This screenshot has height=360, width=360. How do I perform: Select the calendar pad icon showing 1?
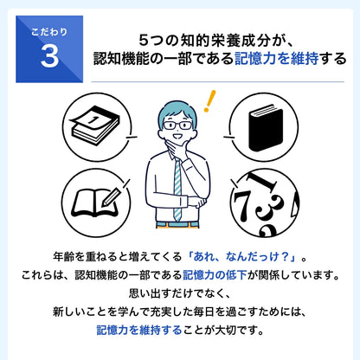pos(93,125)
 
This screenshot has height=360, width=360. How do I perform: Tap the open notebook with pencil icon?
pos(93,201)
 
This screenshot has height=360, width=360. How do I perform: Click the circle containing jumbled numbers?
pos(263,201)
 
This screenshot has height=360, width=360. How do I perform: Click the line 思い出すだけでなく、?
pos(180,293)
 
